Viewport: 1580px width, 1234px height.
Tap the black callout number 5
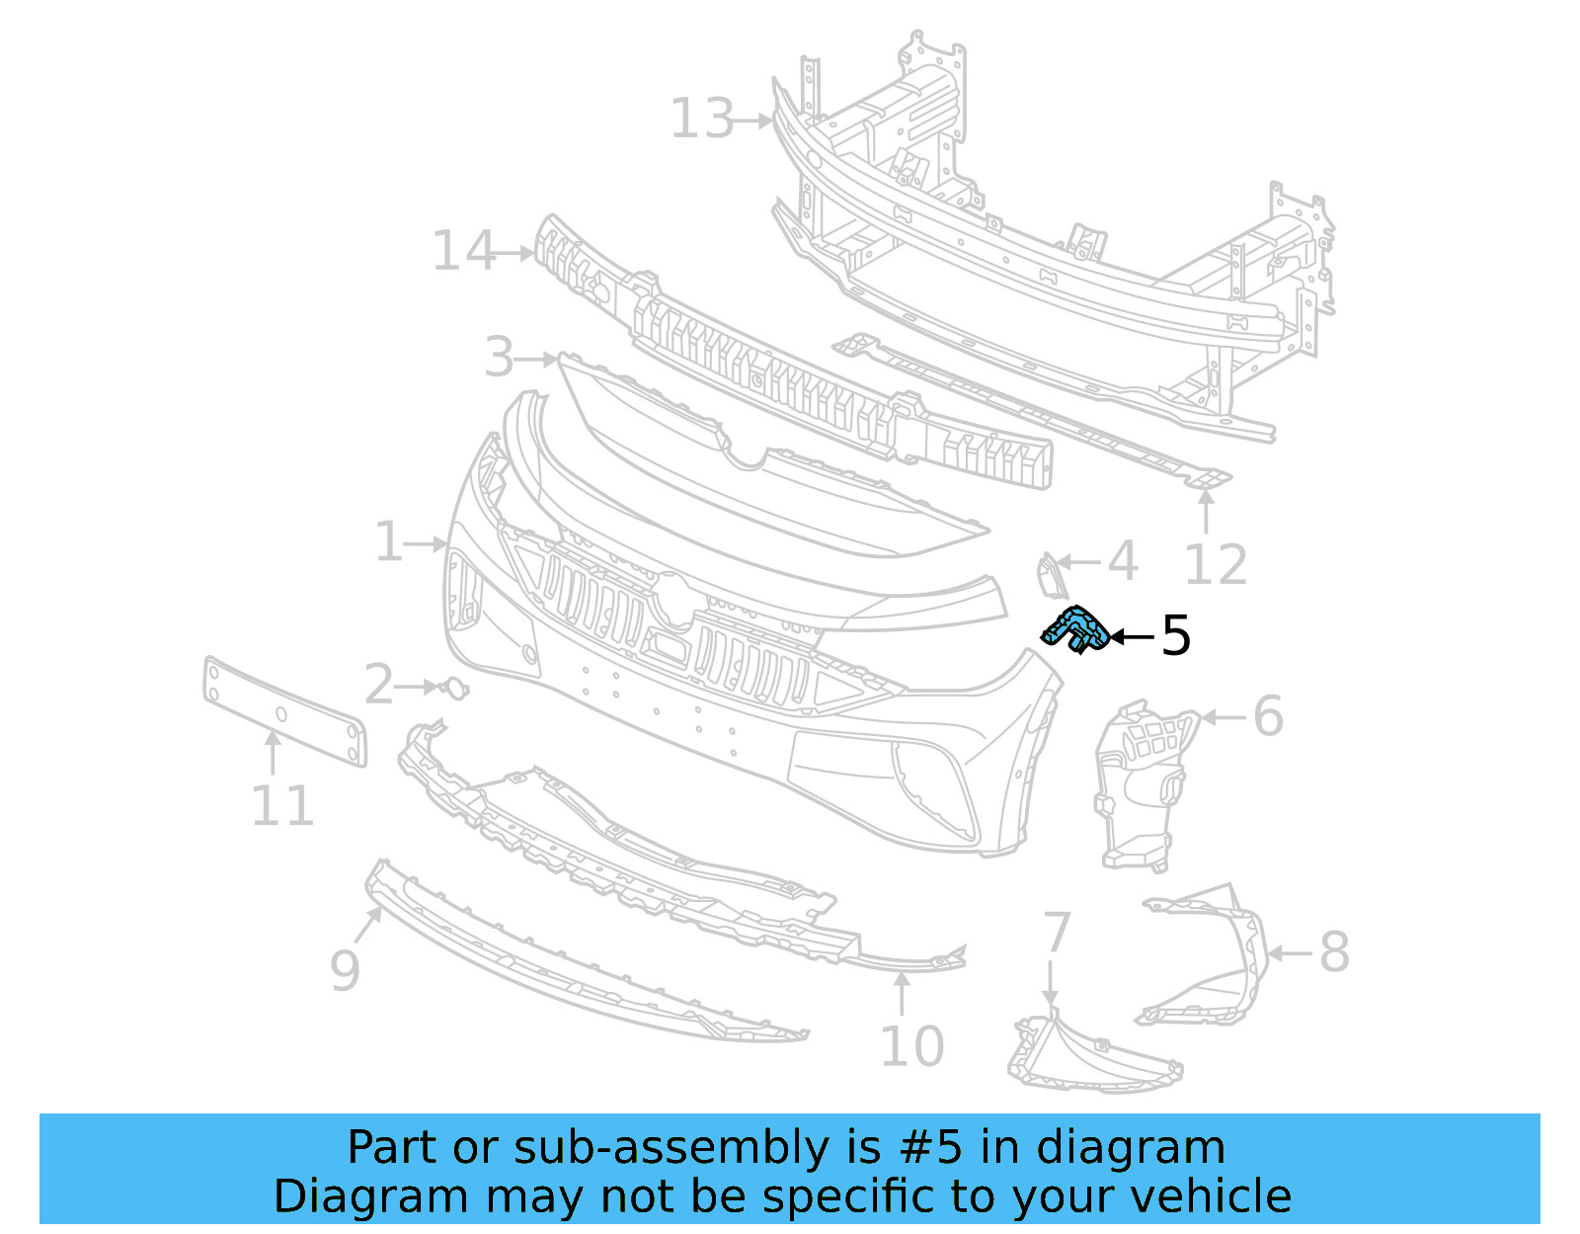click(1175, 635)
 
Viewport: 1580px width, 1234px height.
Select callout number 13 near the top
click(702, 119)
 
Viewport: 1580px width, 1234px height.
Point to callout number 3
click(500, 357)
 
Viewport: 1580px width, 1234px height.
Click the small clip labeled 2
click(455, 688)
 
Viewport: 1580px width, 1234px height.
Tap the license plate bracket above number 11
click(284, 711)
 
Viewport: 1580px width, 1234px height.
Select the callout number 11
click(281, 805)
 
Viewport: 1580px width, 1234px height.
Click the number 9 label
click(344, 969)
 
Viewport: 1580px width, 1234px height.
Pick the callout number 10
click(910, 1046)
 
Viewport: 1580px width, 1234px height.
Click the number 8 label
click(1333, 952)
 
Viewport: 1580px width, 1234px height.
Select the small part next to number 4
click(1049, 576)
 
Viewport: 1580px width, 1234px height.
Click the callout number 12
click(1216, 565)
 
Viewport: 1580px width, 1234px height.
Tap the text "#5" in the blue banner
click(930, 1148)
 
